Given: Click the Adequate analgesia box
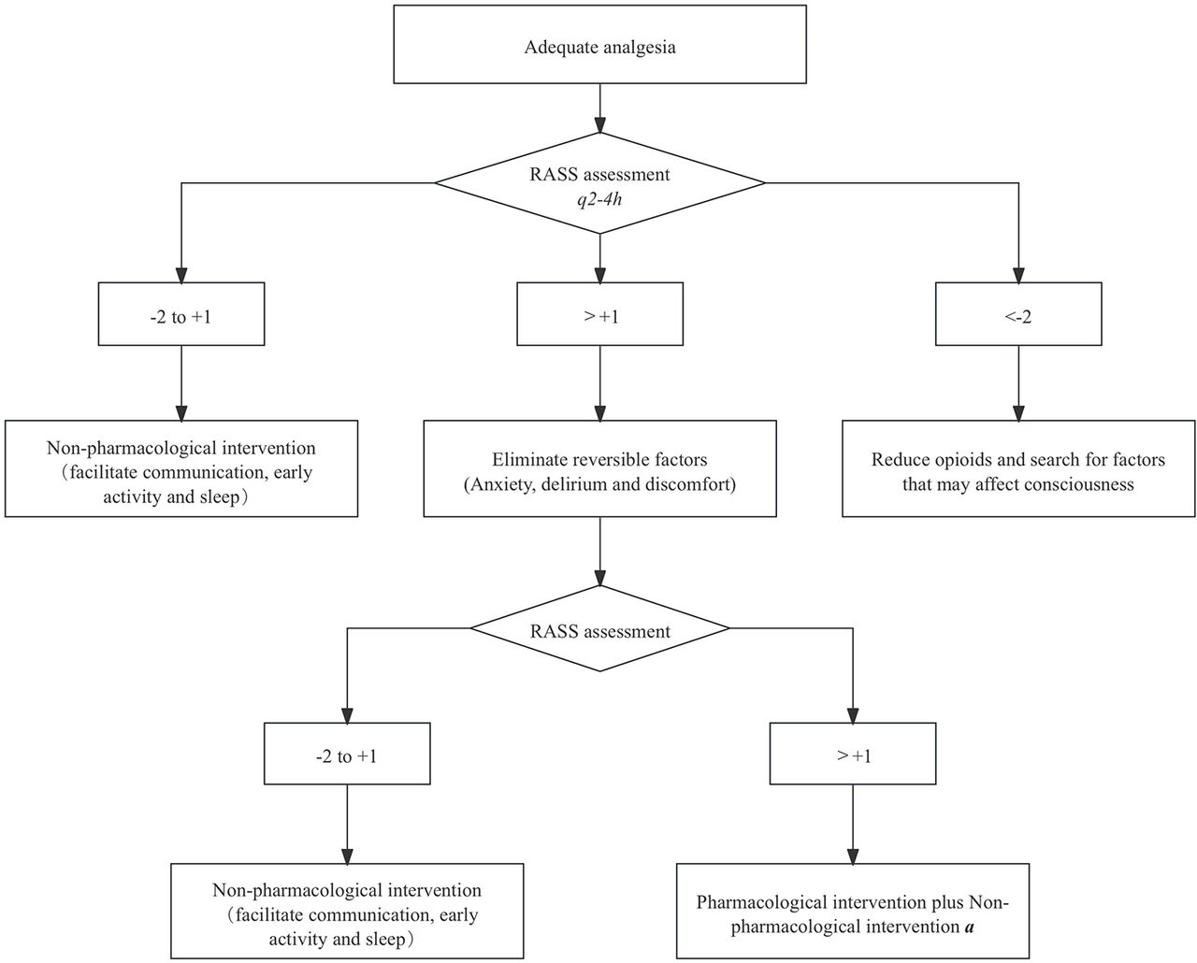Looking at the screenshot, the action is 599,45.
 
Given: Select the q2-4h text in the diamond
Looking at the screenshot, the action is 599,199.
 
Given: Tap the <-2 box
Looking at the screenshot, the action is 1017,314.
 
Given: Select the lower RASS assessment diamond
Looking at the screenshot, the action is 599,628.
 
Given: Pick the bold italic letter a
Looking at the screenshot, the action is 970,927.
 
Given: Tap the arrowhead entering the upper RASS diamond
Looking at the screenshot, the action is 599,124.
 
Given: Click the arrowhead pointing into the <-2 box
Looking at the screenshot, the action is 1018,275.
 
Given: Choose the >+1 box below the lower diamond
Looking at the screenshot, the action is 853,754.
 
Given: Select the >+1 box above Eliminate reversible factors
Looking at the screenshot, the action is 599,314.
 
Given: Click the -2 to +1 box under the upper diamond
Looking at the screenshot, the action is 181,314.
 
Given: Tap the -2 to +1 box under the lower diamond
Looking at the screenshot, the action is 347,754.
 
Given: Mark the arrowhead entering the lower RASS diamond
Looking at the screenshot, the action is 599,578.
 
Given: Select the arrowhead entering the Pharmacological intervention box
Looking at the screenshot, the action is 853,855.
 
